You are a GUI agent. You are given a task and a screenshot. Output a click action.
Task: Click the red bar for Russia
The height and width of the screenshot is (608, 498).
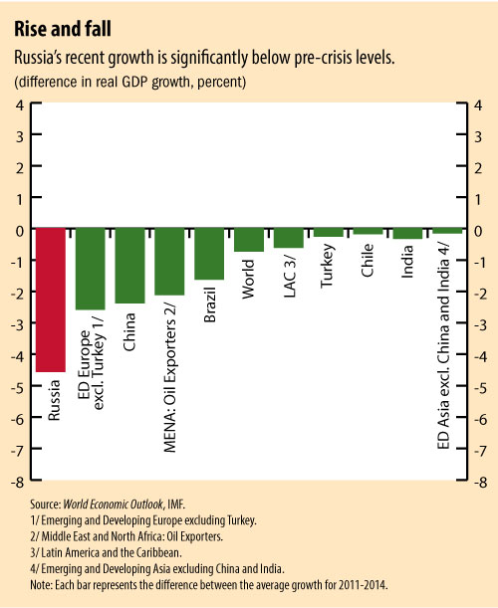pos(51,300)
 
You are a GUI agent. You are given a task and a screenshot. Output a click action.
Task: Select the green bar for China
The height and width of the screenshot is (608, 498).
pos(129,266)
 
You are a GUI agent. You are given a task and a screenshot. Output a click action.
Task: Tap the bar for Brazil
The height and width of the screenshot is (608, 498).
pos(209,254)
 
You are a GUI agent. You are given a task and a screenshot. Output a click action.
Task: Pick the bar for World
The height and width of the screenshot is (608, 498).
pos(249,240)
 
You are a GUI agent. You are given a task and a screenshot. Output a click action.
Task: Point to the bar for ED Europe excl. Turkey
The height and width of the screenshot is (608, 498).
pos(91,269)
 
